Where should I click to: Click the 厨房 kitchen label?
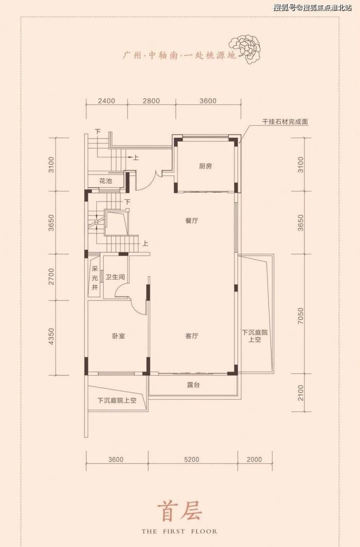pos(205,166)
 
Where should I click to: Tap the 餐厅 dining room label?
pos(192,221)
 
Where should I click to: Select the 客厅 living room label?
pos(192,336)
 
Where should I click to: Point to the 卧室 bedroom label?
pos(119,336)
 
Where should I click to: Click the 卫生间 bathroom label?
pos(115,277)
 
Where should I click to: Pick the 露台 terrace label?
pos(193,385)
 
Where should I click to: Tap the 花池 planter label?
pos(106,181)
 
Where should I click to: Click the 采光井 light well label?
pos(94,278)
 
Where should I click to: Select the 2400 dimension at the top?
pos(107,101)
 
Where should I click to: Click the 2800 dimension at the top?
pos(151,101)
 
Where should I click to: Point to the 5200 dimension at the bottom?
pos(192,459)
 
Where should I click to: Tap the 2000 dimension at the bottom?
pos(254,459)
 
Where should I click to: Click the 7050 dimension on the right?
pos(301,316)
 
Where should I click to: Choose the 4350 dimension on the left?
pos(52,336)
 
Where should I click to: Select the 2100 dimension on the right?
pos(301,393)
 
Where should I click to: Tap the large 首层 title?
pos(180,512)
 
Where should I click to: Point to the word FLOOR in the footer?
pos(204,531)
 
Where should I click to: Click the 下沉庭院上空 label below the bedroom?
pos(117,401)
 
